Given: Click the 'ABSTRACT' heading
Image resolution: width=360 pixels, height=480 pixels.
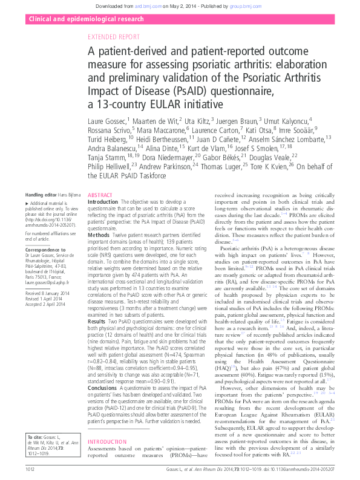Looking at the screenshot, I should (100, 196).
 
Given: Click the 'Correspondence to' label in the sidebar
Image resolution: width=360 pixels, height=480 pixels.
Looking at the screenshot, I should (44, 248).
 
